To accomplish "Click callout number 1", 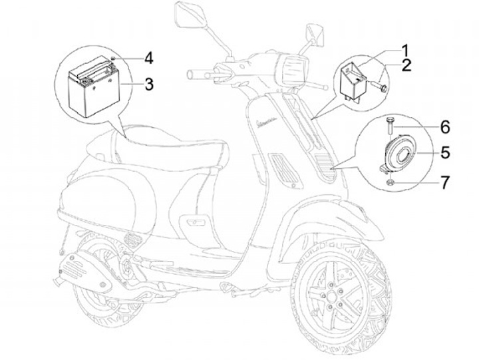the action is click(x=404, y=49).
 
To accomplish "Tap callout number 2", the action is click(x=406, y=65).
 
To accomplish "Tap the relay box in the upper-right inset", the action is click(x=355, y=80).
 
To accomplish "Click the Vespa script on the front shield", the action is click(x=272, y=125).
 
